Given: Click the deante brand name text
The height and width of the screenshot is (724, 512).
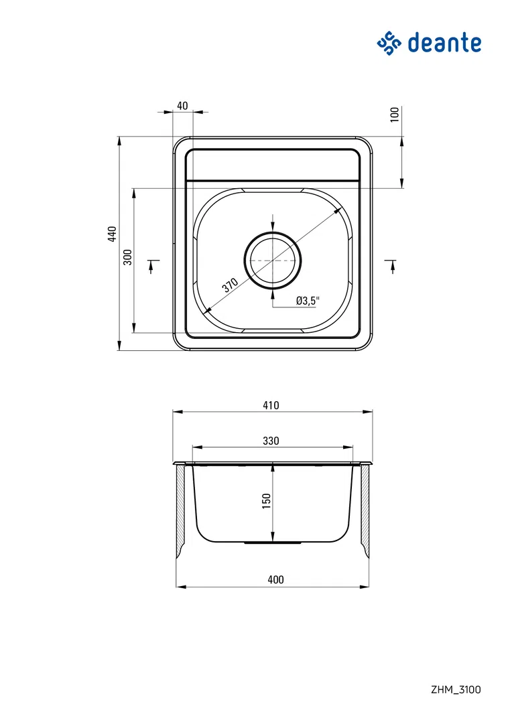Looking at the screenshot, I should click(444, 43).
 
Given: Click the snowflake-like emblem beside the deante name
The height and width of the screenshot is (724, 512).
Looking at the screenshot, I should click(388, 44).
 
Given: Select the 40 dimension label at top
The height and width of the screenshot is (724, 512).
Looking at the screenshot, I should click(182, 105).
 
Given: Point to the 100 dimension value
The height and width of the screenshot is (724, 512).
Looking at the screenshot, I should click(394, 114).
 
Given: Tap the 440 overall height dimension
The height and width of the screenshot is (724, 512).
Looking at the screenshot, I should click(113, 234).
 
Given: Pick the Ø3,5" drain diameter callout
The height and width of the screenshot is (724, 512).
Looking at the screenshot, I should click(308, 301).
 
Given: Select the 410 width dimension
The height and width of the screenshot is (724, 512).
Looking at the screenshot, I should click(271, 405).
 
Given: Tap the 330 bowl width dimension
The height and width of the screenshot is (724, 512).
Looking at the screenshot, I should click(271, 441).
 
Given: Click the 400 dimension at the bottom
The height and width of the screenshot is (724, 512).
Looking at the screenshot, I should click(275, 580).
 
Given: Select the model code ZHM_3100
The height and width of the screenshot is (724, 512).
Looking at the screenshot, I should click(456, 689).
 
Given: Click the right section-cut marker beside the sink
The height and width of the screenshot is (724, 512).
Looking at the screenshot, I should click(392, 265).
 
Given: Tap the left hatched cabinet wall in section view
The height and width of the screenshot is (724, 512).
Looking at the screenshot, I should click(180, 509).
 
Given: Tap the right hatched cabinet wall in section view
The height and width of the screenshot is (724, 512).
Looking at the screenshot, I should click(365, 509).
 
